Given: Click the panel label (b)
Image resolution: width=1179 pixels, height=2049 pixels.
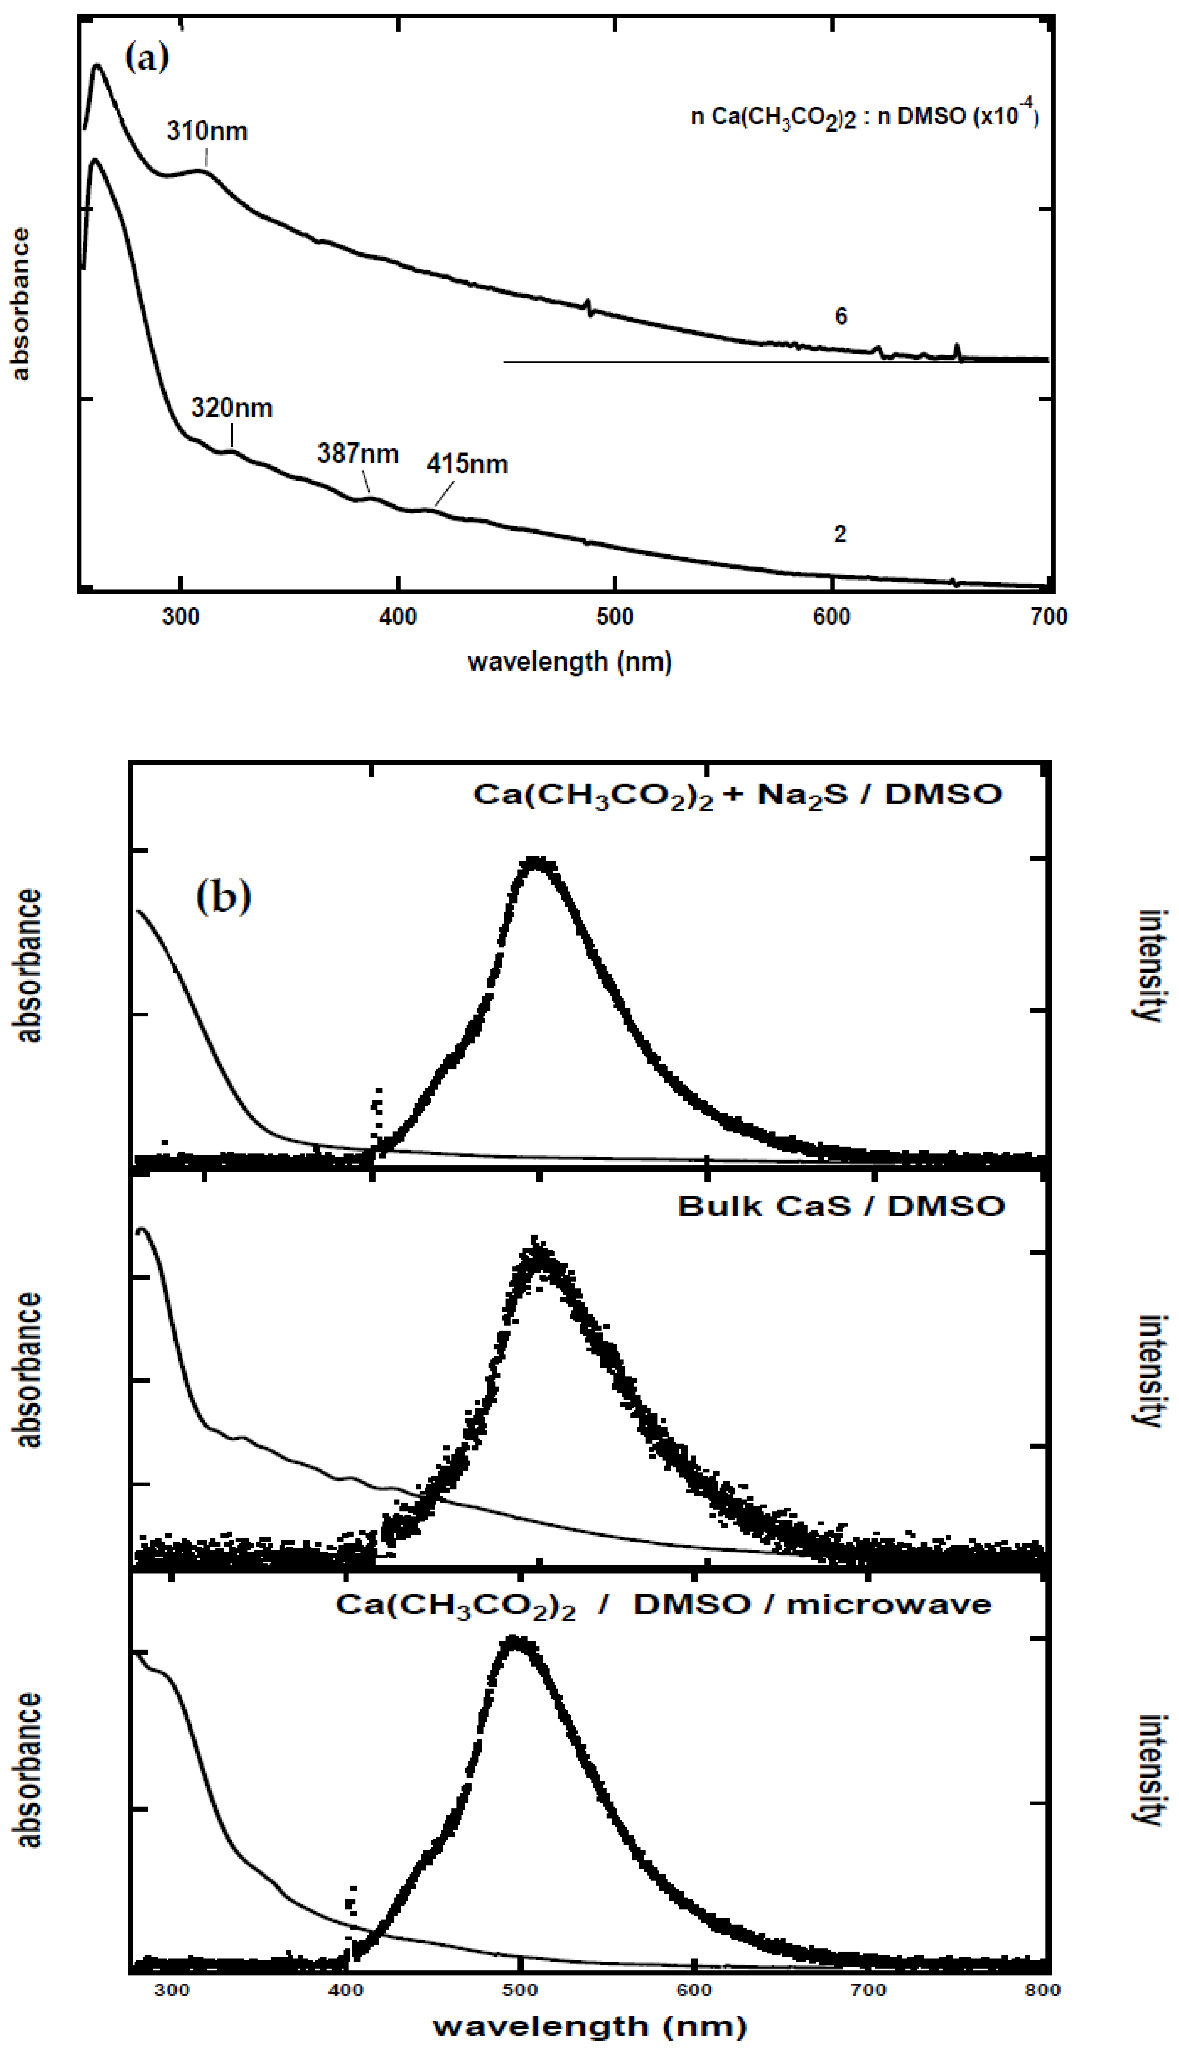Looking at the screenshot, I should pos(223,896).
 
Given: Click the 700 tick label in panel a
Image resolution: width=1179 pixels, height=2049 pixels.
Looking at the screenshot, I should pos(1049,617).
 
